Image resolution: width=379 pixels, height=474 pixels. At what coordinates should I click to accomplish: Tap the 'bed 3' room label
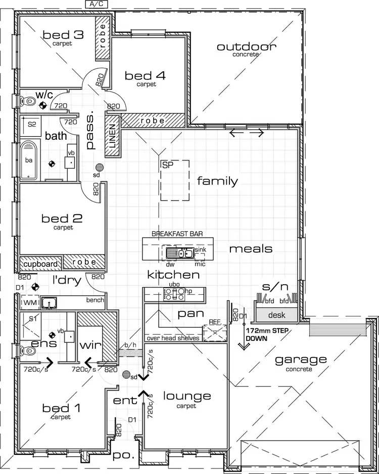pos(63,35)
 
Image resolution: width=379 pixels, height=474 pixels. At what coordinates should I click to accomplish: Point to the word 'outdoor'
pos(247,47)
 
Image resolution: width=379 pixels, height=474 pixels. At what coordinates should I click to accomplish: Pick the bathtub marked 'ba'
pos(30,161)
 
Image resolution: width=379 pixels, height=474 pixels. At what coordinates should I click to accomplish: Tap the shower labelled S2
pos(31,124)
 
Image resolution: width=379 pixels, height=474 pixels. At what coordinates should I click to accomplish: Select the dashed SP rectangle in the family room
pos(175,180)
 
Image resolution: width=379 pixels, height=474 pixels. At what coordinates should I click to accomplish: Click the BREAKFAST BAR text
pos(178,233)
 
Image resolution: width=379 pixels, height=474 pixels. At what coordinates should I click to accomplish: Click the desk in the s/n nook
pos(277,315)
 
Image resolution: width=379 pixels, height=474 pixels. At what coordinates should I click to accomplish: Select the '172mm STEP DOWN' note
pos(264,333)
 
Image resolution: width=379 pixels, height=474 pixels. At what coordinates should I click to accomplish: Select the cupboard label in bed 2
pos(40,263)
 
